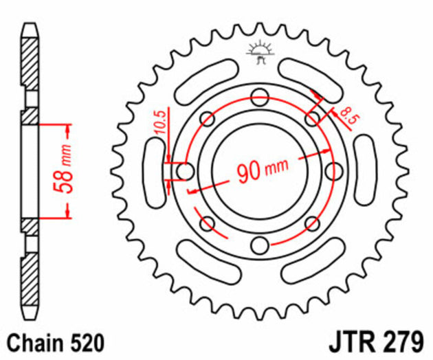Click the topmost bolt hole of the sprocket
point(260,96)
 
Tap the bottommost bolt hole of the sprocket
point(260,245)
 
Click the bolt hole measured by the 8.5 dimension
point(313,118)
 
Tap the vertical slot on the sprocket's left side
point(155,170)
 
